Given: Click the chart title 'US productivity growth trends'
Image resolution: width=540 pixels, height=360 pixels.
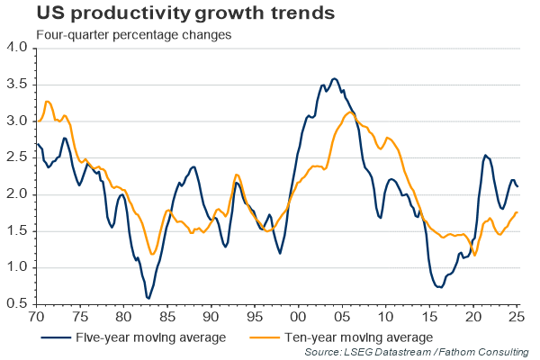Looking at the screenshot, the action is [x=185, y=13].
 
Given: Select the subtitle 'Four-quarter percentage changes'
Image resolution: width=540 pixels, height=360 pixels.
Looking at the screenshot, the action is [x=133, y=35].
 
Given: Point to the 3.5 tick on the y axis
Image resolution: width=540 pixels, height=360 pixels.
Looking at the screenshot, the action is [x=17, y=84].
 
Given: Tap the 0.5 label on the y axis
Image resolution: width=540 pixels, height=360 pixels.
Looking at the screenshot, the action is [x=17, y=303].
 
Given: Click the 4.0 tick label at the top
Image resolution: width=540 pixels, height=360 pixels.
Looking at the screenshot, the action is [x=17, y=47].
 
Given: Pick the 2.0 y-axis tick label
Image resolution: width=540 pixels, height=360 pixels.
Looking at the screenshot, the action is [x=17, y=194].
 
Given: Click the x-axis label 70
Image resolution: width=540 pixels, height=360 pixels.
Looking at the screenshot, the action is [x=36, y=316].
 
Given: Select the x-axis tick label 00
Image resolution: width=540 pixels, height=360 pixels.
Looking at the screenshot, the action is [x=298, y=316].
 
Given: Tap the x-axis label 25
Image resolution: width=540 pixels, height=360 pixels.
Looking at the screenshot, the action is [x=517, y=316].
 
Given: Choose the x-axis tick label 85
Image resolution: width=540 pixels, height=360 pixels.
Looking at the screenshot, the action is [x=167, y=316].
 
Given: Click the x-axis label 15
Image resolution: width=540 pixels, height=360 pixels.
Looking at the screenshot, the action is [x=429, y=316].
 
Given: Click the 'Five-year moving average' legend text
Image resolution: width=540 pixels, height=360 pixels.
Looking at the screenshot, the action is [x=151, y=337].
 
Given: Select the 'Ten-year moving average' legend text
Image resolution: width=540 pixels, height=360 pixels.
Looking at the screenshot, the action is [x=358, y=337].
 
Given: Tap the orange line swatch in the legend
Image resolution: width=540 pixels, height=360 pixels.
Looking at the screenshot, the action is [x=264, y=337].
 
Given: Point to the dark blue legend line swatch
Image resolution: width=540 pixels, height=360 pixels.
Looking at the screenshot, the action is [x=56, y=337].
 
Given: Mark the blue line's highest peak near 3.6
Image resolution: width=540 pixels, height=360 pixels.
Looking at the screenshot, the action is [x=334, y=79].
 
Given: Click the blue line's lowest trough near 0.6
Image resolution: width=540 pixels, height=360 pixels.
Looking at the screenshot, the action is [x=148, y=298].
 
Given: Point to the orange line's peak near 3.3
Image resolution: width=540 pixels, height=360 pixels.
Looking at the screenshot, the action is [x=48, y=102].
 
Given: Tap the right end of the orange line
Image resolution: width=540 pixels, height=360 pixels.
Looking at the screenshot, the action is [x=517, y=212].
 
